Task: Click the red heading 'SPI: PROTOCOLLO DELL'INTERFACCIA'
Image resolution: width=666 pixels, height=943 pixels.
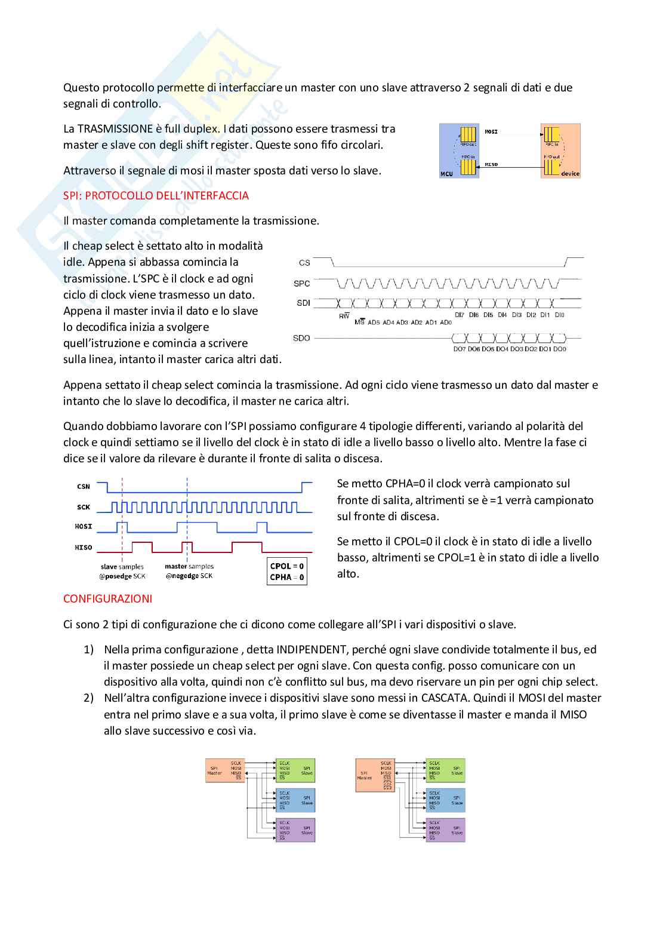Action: click(x=156, y=196)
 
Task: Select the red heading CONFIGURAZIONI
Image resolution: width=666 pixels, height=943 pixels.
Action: click(x=107, y=599)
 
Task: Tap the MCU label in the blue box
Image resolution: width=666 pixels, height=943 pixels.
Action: click(x=446, y=174)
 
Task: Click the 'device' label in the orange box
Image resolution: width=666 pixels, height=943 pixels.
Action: click(x=570, y=174)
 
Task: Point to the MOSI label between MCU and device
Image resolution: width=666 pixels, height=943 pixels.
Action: click(x=491, y=131)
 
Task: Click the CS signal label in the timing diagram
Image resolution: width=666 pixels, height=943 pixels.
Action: click(x=304, y=263)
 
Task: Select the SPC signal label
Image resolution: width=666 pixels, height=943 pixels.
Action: click(x=302, y=284)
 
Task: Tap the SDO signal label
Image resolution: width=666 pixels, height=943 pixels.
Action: click(x=301, y=338)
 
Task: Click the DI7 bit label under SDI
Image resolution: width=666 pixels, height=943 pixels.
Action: click(x=459, y=315)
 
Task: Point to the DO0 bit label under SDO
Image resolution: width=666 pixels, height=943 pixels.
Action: click(x=560, y=349)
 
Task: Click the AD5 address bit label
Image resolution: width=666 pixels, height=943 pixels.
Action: click(x=374, y=322)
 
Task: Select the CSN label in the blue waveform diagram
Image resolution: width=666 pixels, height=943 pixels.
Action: click(x=84, y=487)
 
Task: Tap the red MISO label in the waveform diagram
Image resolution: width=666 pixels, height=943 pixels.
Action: click(x=84, y=548)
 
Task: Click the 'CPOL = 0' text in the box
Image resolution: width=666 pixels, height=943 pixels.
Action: click(x=287, y=566)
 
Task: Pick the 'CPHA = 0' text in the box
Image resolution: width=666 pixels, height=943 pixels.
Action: click(x=287, y=578)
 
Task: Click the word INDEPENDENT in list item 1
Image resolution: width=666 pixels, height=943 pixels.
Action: click(x=312, y=650)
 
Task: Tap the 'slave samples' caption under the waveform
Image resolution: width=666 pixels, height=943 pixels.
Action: click(x=122, y=567)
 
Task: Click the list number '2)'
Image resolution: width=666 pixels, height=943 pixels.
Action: click(x=88, y=698)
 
